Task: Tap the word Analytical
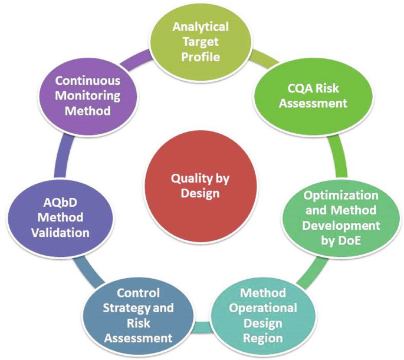point(201,27)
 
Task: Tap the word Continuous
point(87,81)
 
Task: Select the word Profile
point(201,57)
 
